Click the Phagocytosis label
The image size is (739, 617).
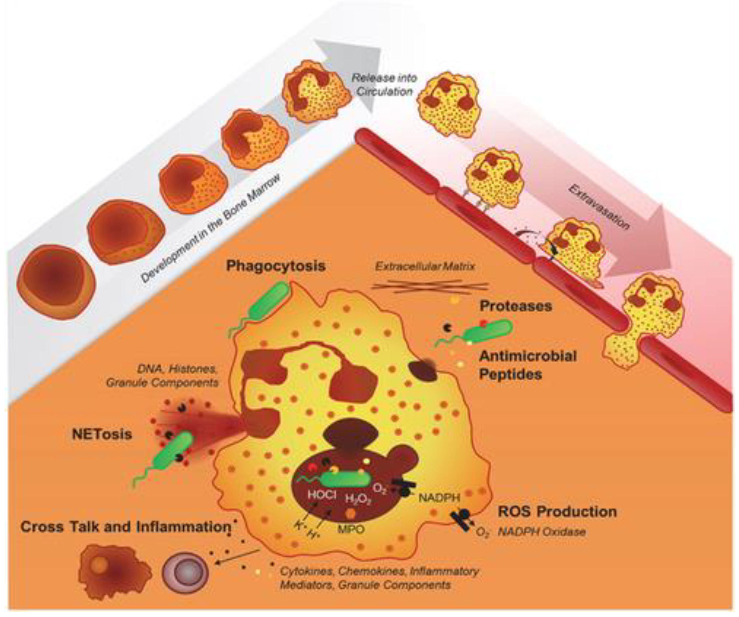276,266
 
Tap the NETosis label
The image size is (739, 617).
102,435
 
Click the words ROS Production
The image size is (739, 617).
557,512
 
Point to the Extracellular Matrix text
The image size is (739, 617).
425,266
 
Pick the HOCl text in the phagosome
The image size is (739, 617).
322,495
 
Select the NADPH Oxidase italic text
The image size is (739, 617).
542,532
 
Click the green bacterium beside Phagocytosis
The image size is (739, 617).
270,301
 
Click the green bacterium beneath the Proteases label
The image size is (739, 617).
487,331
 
